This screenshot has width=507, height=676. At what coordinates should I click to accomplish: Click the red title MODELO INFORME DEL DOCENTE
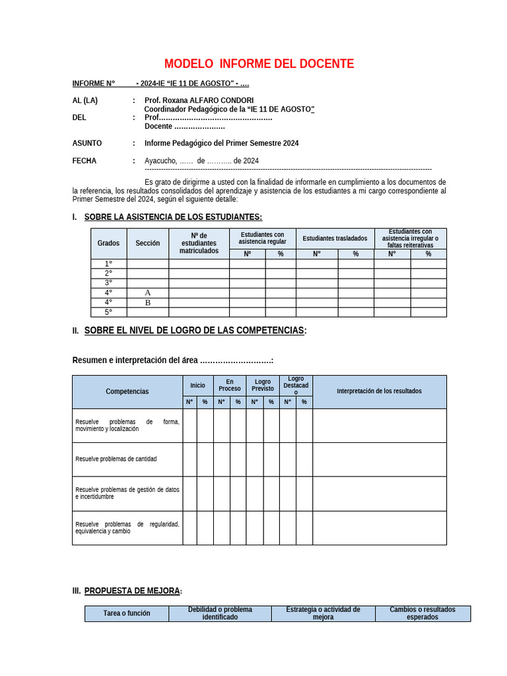[x=259, y=64]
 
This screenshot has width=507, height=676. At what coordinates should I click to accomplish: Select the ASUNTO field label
[x=87, y=143]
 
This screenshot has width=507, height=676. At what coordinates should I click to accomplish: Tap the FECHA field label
[x=84, y=160]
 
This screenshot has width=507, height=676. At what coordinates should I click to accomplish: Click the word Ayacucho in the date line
[x=160, y=160]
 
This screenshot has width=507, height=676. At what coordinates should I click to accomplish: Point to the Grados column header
[x=108, y=243]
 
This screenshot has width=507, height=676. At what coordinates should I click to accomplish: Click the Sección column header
[x=147, y=243]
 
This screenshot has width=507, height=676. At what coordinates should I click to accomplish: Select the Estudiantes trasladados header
[x=335, y=238]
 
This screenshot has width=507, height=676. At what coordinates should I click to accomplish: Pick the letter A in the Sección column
[x=147, y=292]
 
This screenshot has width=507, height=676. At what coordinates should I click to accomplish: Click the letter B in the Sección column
[x=147, y=302]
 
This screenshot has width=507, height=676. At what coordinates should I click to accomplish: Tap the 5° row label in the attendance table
[x=108, y=312]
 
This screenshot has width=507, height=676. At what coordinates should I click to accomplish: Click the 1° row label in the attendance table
[x=108, y=263]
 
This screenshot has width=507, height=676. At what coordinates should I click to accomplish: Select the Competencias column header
[x=127, y=391]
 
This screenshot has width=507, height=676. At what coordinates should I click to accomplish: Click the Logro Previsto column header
[x=263, y=386]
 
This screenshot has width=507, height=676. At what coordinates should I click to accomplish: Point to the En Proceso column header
[x=230, y=386]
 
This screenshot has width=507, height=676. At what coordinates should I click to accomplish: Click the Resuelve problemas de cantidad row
[x=116, y=459]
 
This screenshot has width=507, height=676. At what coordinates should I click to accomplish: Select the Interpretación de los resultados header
[x=379, y=391]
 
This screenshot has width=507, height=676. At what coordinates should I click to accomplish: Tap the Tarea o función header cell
[x=127, y=613]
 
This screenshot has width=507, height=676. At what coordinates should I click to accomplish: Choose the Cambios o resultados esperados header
[x=422, y=613]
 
